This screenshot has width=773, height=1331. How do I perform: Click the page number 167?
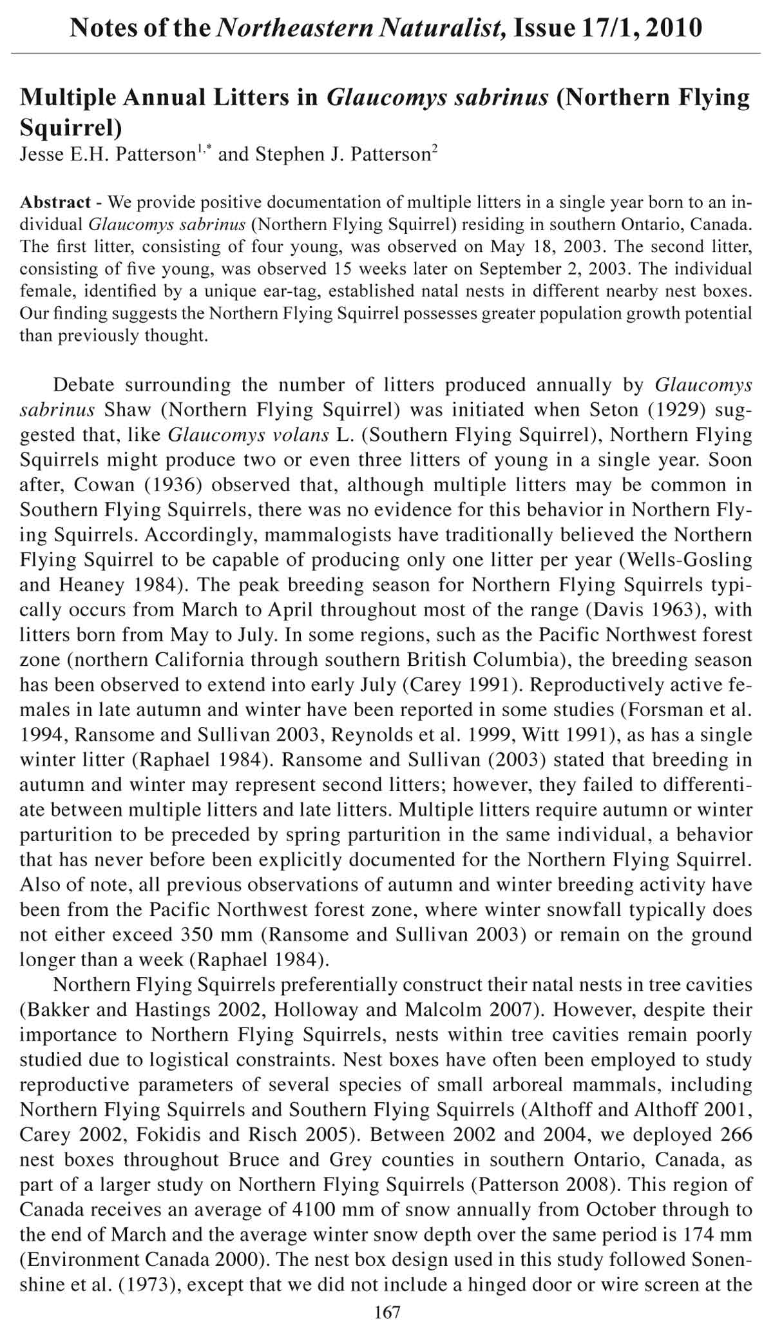[x=387, y=1312]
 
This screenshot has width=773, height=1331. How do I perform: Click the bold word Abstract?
[x=55, y=202]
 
